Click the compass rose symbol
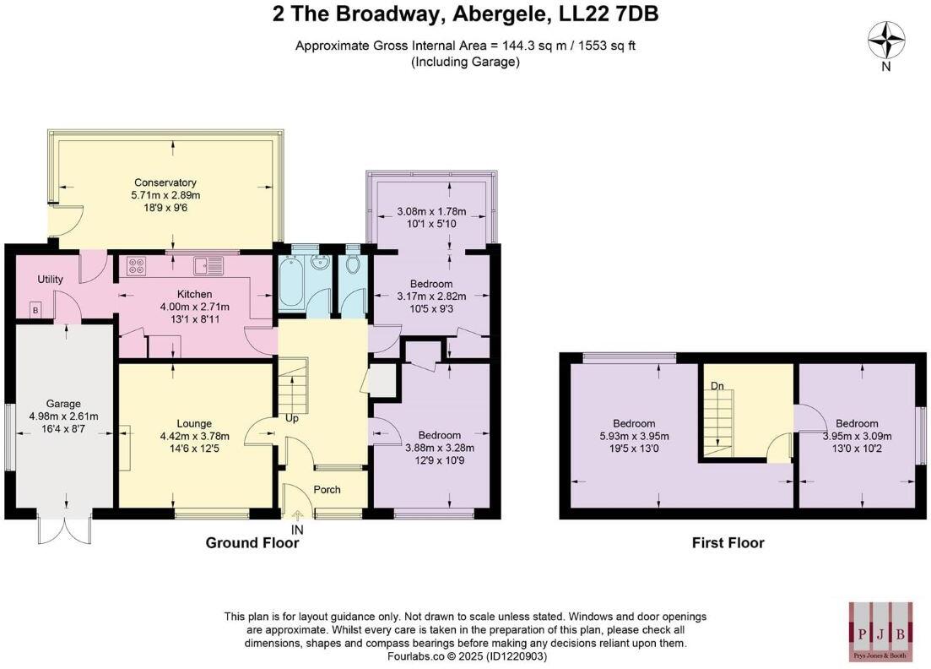tap(886, 40)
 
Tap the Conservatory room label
tap(165, 182)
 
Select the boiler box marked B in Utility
tap(35, 309)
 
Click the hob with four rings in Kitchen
tap(136, 266)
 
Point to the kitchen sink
tap(207, 267)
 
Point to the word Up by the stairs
tap(292, 418)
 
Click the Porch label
tap(327, 489)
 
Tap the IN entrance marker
tap(297, 530)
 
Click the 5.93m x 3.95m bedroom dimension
tap(634, 436)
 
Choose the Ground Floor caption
tap(252, 543)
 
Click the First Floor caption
tap(728, 543)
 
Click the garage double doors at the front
tap(63, 528)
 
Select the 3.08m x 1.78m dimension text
tap(432, 211)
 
